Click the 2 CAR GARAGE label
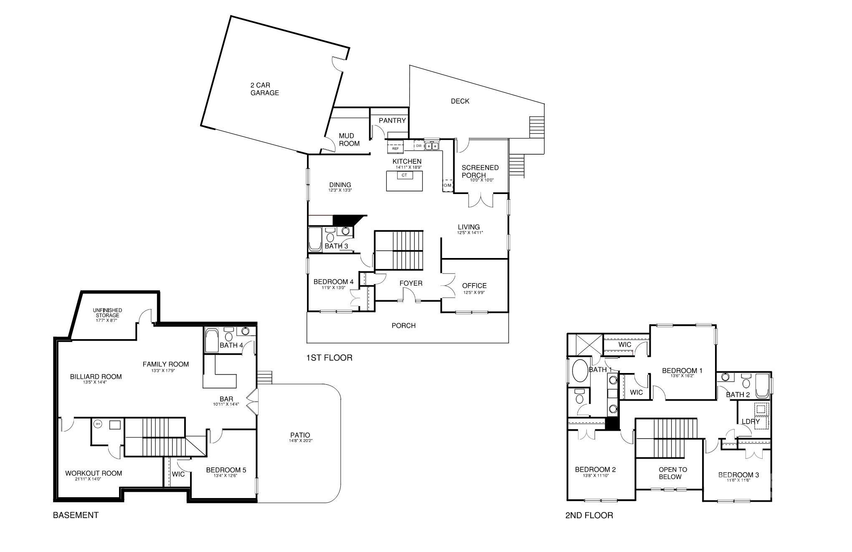264,89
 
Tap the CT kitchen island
404,181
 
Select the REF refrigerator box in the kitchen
395,148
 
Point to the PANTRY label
392,120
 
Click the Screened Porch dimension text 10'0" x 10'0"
482,180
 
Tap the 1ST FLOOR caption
329,358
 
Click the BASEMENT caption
76,515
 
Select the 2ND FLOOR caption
589,515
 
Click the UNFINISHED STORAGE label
107,313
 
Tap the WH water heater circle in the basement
98,424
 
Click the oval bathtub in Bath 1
579,371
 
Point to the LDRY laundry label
751,422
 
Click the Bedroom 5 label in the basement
226,470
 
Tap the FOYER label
411,283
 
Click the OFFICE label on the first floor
474,286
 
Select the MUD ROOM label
349,140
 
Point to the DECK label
460,101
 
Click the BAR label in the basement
226,399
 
